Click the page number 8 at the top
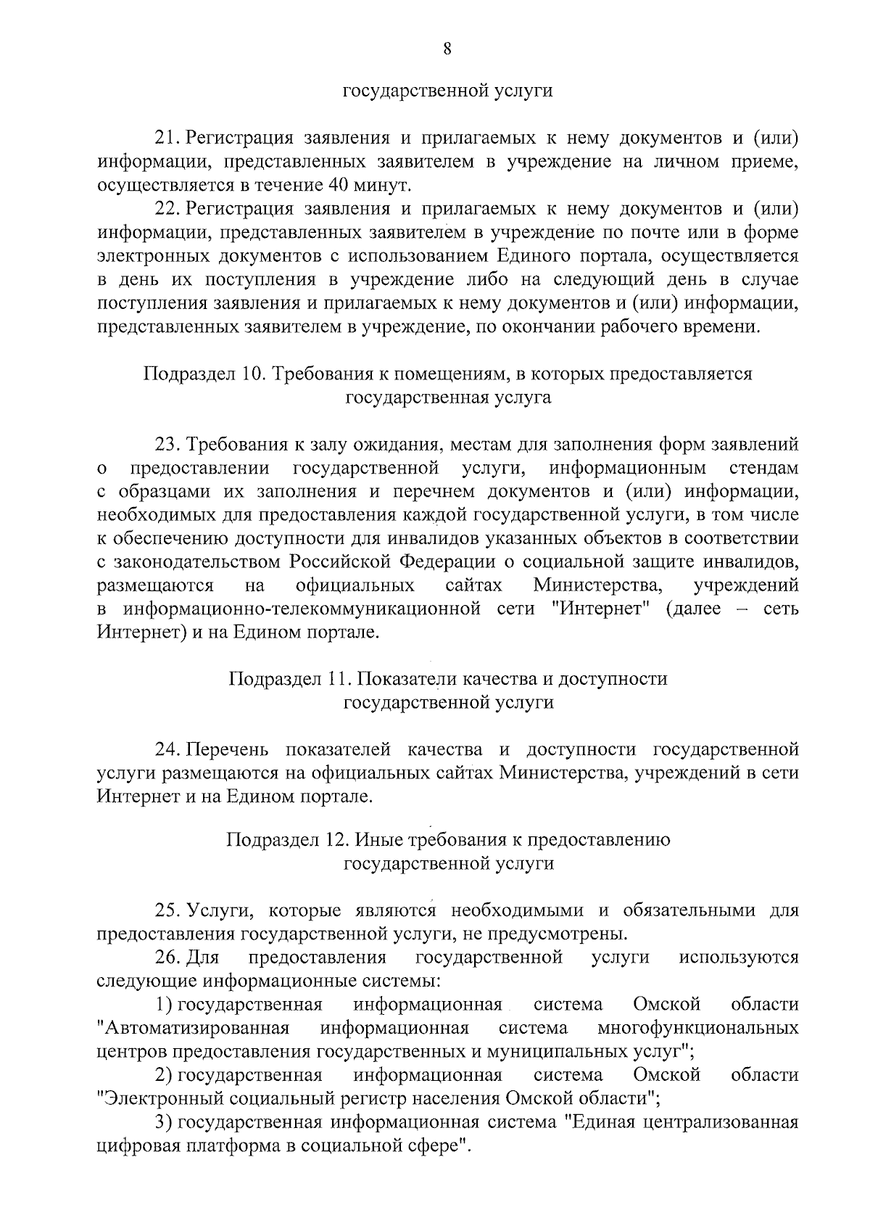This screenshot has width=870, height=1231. coord(447,49)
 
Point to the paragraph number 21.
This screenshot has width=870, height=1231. coord(167,138)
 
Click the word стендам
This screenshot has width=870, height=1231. coord(764,466)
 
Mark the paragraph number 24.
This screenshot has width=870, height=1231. coord(167,749)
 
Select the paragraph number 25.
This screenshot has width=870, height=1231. coord(167,910)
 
